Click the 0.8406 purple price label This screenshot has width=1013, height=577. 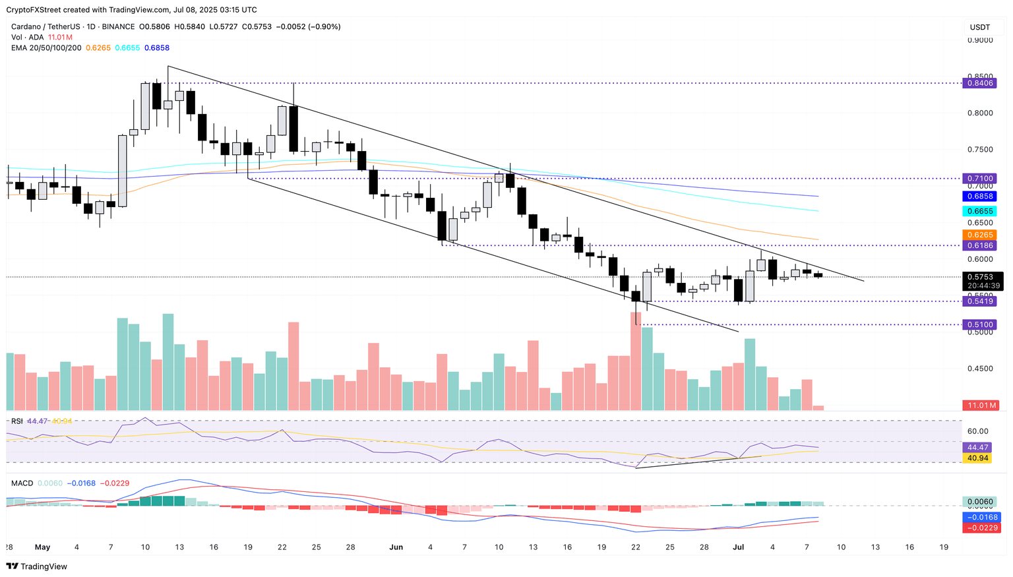979,84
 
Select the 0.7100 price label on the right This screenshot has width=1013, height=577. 979,179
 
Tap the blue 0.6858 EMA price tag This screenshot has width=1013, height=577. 979,197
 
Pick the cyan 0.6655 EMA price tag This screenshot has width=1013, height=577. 979,211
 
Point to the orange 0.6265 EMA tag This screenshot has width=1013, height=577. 979,235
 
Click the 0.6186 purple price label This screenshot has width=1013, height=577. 979,245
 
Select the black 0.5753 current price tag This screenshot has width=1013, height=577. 982,277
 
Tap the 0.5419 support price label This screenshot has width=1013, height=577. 979,301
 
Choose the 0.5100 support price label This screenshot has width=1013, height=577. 979,324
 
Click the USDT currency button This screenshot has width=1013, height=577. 980,27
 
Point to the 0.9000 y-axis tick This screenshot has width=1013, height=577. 979,40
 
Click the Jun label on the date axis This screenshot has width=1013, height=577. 396,547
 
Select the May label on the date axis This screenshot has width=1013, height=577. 42,547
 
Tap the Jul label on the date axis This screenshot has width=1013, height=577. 739,547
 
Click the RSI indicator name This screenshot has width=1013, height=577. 17,421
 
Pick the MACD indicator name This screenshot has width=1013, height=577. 22,483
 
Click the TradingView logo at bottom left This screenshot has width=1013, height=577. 37,566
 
